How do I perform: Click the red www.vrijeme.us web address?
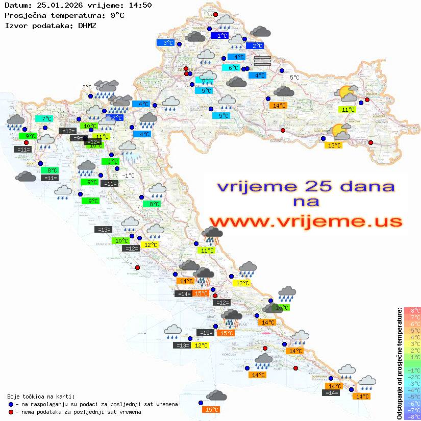click(306, 221)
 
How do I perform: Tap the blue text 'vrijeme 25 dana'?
click(306, 186)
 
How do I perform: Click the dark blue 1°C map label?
click(220, 36)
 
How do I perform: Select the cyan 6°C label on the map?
click(232, 68)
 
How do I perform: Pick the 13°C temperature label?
click(333, 145)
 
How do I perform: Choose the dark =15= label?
click(206, 333)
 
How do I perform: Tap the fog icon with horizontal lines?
click(262, 61)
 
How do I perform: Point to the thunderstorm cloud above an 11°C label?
click(212, 235)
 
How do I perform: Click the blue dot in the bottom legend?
click(11, 404)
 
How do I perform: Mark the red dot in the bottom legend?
click(11, 411)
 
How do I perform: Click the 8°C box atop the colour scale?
click(412, 311)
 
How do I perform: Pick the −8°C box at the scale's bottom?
click(412, 417)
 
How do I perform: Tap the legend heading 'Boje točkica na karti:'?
click(41, 396)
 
